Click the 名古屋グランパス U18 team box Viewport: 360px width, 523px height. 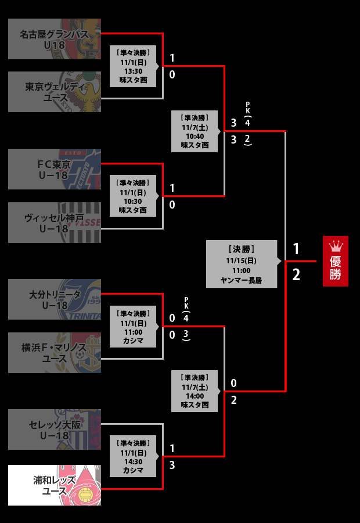point(55,39)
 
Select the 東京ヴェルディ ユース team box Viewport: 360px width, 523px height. point(55,92)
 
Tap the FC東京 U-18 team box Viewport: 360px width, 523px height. point(55,169)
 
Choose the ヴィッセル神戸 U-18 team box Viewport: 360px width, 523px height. point(55,223)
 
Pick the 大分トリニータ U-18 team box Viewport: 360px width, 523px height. point(55,299)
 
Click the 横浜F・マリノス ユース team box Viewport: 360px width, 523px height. point(55,353)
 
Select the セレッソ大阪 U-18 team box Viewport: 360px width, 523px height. point(55,429)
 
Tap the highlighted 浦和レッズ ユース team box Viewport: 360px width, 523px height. point(55,485)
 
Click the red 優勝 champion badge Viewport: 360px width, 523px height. point(336,261)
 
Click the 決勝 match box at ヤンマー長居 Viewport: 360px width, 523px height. point(241,264)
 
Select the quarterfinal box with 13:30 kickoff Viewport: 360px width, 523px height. point(133,66)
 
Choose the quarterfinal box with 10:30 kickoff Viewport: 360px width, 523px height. point(133,196)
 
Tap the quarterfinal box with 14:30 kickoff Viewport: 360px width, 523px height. point(133,456)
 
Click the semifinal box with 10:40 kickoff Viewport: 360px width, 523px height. point(195,131)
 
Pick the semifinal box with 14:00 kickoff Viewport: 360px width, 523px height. point(195,391)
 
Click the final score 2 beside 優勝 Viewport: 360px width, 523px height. point(296,275)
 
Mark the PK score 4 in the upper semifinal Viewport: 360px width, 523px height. point(248,123)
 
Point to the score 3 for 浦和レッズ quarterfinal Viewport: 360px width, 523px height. point(172,465)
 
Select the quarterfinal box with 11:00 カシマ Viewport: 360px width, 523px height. point(133,327)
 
